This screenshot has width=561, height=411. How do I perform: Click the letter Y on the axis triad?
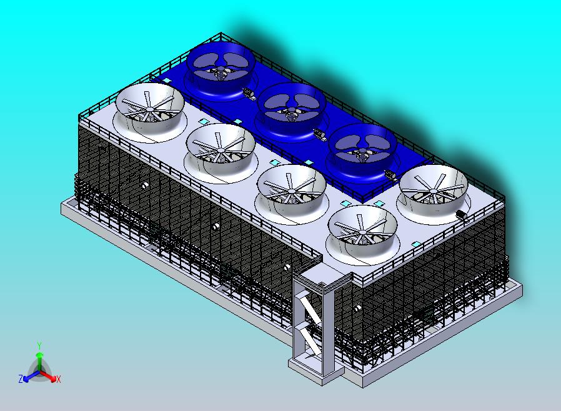(x=39, y=345)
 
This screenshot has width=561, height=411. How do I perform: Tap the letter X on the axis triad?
(x=59, y=379)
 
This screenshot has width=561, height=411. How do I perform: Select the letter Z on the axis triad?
(x=21, y=379)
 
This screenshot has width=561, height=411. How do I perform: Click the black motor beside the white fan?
(x=462, y=215)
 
